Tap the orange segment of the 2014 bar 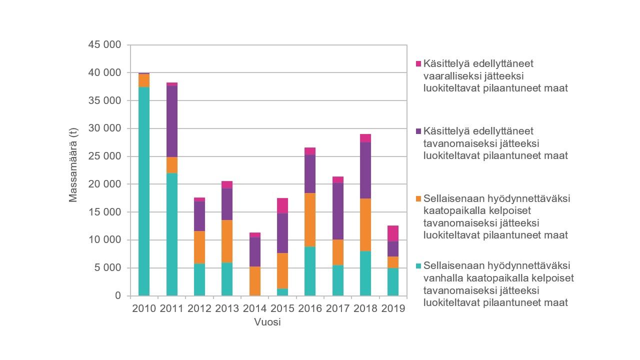tap(255, 281)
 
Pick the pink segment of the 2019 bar tap(393, 233)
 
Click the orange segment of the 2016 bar tap(310, 220)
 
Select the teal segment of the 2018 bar tap(365, 273)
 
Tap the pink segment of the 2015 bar tap(282, 206)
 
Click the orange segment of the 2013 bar tap(227, 241)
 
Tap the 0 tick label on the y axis tap(118, 295)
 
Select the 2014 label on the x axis tap(255, 308)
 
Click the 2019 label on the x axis tap(393, 308)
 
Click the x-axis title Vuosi tap(267, 322)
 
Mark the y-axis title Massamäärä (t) tap(73, 170)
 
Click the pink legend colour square tap(418, 64)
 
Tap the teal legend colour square tap(418, 266)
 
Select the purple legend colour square tap(418, 131)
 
